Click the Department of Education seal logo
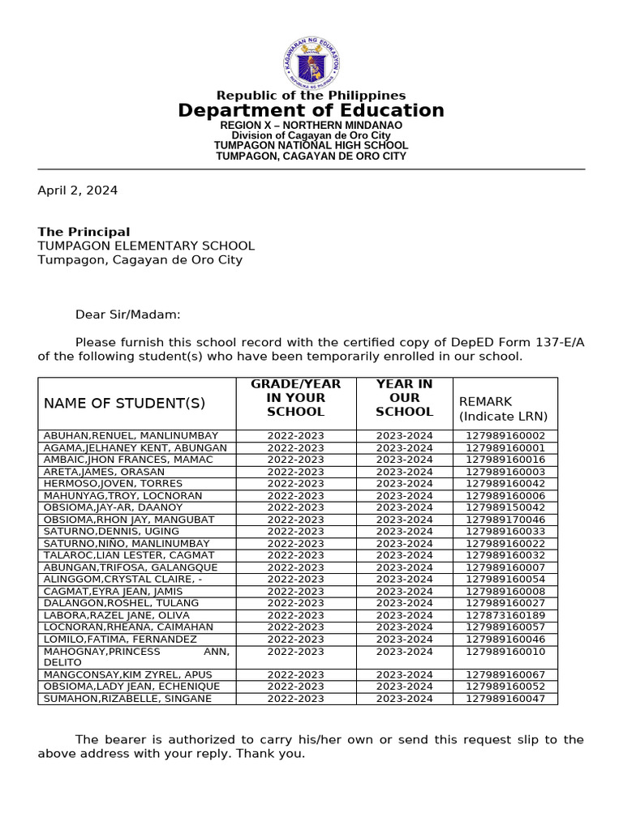pos(311,62)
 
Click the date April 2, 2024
pos(78,190)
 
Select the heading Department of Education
pos(311,110)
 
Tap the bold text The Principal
pos(84,232)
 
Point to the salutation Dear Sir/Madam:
pos(128,314)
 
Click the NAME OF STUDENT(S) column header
pos(125,404)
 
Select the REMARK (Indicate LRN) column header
pos(504,409)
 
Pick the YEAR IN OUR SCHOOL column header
pos(404,398)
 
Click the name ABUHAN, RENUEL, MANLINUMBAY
pos(131,436)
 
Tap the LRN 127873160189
pos(505,615)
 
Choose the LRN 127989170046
pos(505,520)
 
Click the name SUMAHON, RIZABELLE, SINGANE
pos(127,699)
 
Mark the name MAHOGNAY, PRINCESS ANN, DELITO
pos(136,657)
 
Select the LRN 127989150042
pos(505,507)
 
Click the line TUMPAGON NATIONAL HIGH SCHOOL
pos(311,146)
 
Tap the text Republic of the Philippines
pos(311,96)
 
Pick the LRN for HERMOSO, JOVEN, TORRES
pos(505,484)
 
